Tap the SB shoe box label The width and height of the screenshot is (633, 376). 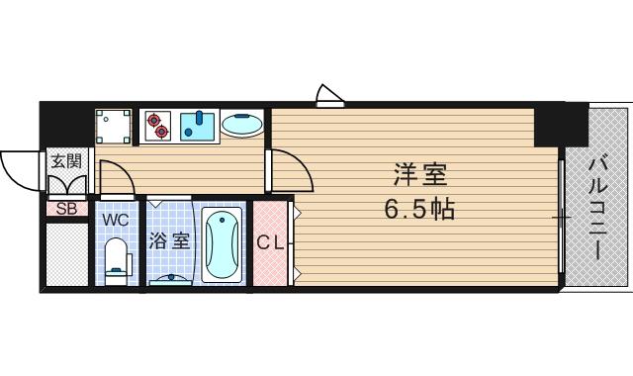coord(67,208)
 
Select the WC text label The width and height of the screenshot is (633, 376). coord(115,218)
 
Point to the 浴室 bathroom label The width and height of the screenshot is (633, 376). coord(169,240)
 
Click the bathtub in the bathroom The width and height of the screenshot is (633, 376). coord(223,243)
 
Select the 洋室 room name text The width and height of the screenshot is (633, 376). coord(419,176)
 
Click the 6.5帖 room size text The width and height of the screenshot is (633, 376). coord(419,209)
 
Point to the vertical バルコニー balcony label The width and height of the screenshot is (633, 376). coord(600,210)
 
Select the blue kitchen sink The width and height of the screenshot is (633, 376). coord(202,125)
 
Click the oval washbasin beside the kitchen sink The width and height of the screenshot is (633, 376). coord(241,125)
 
